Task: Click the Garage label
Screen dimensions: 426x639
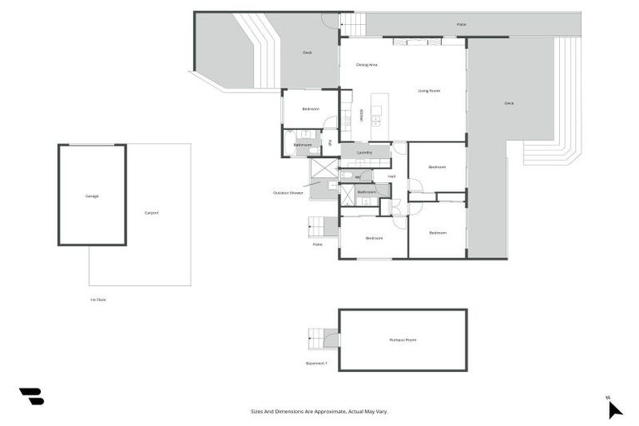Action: [x=92, y=196]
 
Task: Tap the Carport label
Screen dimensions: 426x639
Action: [x=151, y=213]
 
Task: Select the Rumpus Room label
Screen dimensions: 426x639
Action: [x=403, y=340]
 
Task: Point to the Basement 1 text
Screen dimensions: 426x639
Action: [x=316, y=364]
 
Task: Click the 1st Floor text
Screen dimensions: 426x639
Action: [x=98, y=300]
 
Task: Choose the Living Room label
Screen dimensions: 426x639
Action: [x=428, y=91]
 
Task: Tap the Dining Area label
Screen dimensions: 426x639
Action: [x=367, y=64]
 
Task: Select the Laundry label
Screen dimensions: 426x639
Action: [x=364, y=152]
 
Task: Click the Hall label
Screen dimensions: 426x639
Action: [x=391, y=176]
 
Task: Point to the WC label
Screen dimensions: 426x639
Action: [x=358, y=176]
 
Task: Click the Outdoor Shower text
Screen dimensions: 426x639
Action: [x=288, y=193]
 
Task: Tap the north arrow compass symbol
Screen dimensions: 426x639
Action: [x=614, y=409]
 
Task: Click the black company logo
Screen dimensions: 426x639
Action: [x=32, y=397]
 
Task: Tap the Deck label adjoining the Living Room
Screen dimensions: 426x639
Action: [x=508, y=103]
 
